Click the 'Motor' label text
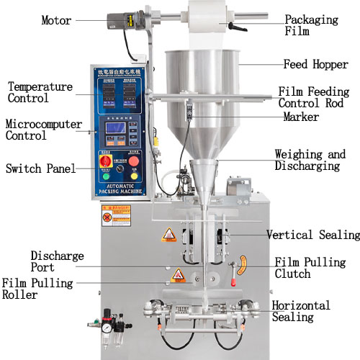[x=56, y=21]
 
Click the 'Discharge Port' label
[x=57, y=261]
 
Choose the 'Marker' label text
[x=301, y=117]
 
